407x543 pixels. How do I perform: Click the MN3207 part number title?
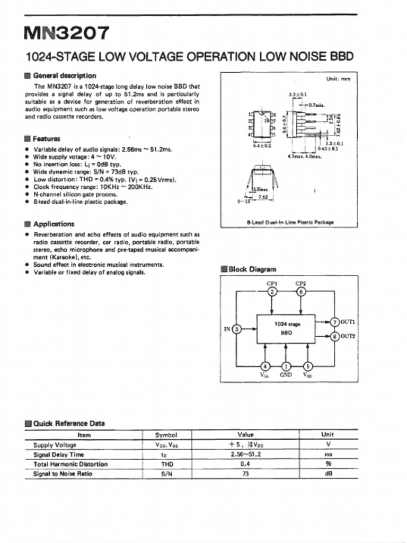tap(67, 33)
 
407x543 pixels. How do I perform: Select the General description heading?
tap(64, 75)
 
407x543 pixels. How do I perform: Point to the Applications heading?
tap(54, 224)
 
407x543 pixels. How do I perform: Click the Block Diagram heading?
tap(252, 269)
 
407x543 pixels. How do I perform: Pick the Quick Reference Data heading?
tap(69, 423)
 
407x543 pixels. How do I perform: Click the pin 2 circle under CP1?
tap(272, 292)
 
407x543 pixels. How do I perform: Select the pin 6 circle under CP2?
tap(300, 292)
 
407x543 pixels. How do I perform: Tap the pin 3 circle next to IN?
tap(237, 329)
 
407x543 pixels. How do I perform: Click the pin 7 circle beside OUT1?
tap(334, 322)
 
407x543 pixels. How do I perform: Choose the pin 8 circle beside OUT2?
tap(334, 336)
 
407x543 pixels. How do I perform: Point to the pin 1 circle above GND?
tap(286, 366)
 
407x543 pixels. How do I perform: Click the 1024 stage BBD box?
tap(286, 329)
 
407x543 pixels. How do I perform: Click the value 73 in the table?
tap(245, 474)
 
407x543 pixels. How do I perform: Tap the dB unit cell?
tap(328, 474)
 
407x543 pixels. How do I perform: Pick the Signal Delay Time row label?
tap(59, 454)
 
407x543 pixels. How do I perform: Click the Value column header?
tap(245, 435)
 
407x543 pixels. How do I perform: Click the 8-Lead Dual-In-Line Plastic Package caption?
tap(290, 222)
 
